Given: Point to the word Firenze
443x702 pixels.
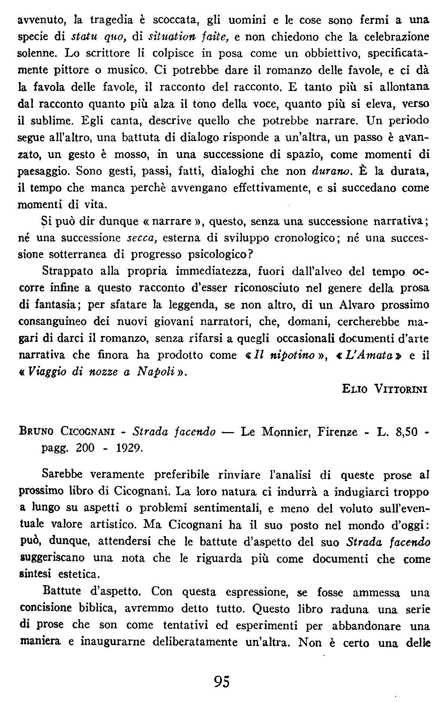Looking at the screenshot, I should coord(338,432).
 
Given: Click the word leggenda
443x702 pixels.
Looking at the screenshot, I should coord(189,304).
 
